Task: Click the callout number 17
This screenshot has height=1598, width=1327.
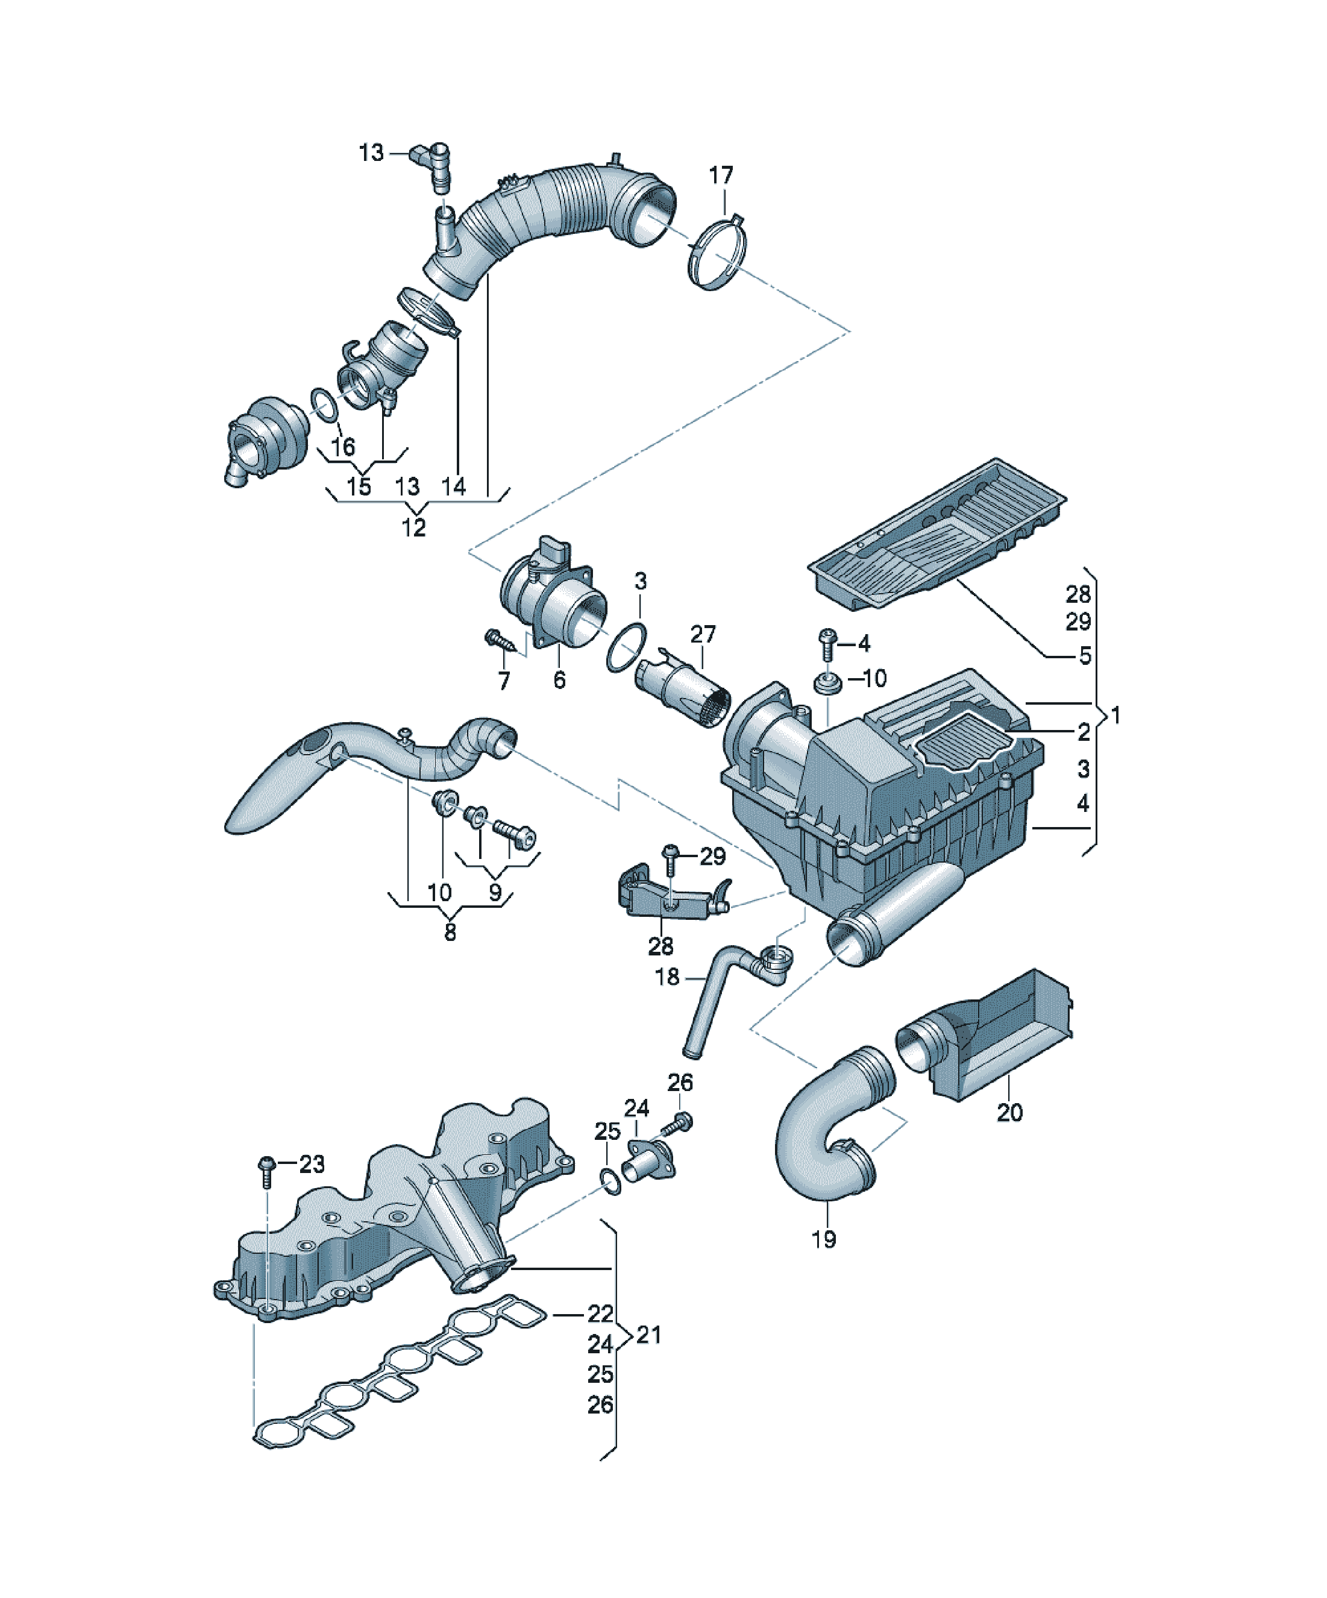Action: coord(721,176)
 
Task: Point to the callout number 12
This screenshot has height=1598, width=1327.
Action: coord(413,527)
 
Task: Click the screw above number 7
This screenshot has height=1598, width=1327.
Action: coord(501,641)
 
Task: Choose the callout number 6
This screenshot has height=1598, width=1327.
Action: coord(559,679)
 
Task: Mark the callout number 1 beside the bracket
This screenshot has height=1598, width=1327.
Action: coord(1115,716)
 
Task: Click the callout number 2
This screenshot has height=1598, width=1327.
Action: coord(1084,732)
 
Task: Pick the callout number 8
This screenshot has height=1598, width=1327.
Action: coord(450,931)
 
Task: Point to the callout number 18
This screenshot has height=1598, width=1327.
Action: coord(667,977)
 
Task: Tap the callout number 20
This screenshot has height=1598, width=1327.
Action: coord(1009,1113)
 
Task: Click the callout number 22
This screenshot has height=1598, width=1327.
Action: coord(600,1313)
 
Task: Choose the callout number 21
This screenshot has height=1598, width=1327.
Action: coord(648,1335)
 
